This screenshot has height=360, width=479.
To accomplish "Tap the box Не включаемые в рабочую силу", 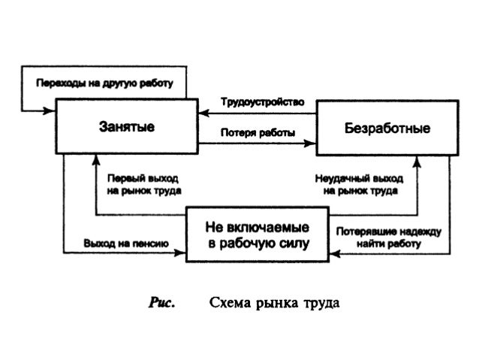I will point(258,234).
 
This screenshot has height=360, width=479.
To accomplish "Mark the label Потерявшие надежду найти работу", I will point(389,237).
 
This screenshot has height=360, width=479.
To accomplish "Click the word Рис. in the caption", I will point(162,304).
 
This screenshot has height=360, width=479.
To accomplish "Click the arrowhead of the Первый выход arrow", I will point(97,159).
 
